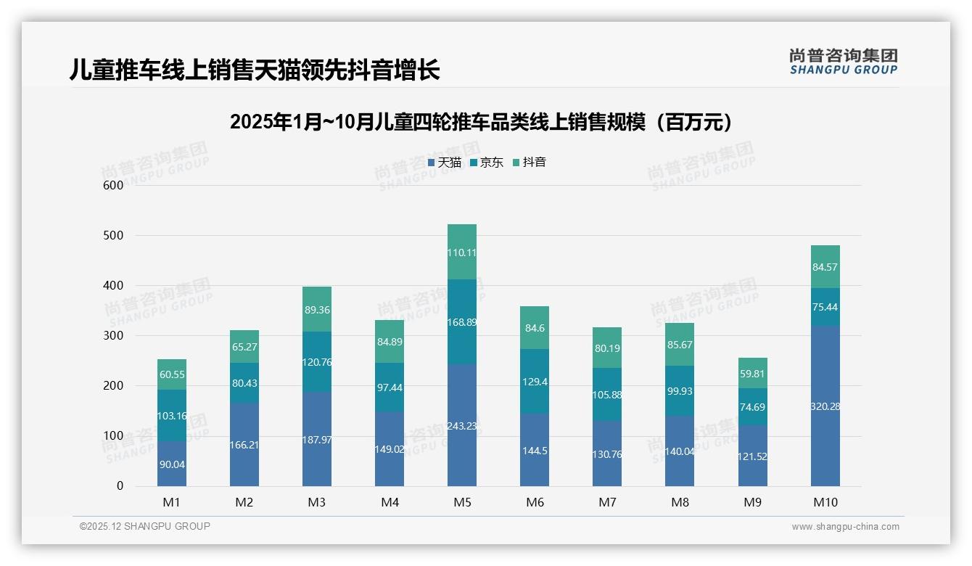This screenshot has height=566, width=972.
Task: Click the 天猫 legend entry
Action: pos(445,163)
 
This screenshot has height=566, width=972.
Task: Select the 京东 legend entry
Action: pos(487,163)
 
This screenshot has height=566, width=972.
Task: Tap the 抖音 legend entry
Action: pos(530,163)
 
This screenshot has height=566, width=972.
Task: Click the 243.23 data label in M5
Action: pos(462,426)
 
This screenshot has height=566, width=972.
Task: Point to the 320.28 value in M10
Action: pos(825,406)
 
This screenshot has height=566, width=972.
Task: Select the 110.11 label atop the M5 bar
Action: pos(462,253)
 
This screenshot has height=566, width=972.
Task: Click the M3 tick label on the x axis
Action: pos(317,502)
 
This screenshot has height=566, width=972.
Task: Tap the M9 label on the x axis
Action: pos(752,502)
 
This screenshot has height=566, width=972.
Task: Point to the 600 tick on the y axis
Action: pos(114,185)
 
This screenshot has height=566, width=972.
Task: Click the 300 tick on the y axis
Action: pos(114,335)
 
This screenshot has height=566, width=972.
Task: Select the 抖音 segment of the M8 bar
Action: pos(680,345)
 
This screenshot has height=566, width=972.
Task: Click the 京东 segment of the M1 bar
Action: pos(172,416)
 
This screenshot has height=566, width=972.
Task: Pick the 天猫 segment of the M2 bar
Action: pos(244,444)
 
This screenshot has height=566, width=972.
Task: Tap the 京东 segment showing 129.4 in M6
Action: pos(535,381)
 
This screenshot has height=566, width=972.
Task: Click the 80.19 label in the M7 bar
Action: pos(607,348)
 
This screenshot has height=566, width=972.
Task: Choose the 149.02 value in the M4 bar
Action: pos(390,449)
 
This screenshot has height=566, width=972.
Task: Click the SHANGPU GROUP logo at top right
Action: pos(843,62)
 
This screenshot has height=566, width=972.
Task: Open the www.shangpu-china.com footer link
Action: pos(845,527)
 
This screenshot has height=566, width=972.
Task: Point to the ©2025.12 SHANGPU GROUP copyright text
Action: pos(145,526)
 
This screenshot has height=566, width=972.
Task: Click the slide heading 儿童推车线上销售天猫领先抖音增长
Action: pos(255,70)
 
